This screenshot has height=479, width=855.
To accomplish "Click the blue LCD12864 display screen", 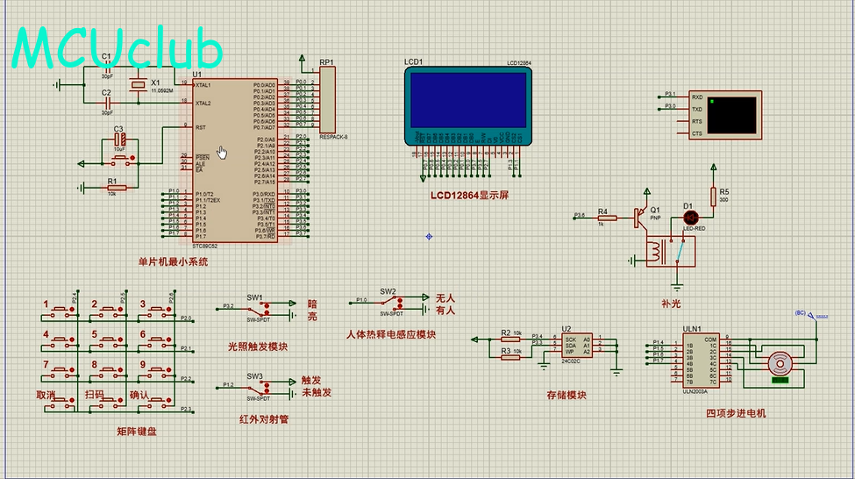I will (x=467, y=98).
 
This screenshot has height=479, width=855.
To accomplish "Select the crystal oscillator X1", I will (x=136, y=85).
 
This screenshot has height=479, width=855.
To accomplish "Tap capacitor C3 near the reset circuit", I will (x=119, y=140).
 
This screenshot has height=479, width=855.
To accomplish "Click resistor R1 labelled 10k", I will (x=117, y=187).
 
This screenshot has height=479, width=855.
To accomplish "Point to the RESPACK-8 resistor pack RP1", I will (x=329, y=99).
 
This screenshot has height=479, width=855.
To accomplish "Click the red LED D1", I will (x=690, y=217).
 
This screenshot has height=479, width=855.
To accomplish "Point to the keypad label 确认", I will (x=140, y=394).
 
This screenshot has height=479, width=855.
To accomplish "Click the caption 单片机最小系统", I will (x=173, y=261).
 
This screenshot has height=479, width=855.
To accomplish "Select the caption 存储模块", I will (x=566, y=395).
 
